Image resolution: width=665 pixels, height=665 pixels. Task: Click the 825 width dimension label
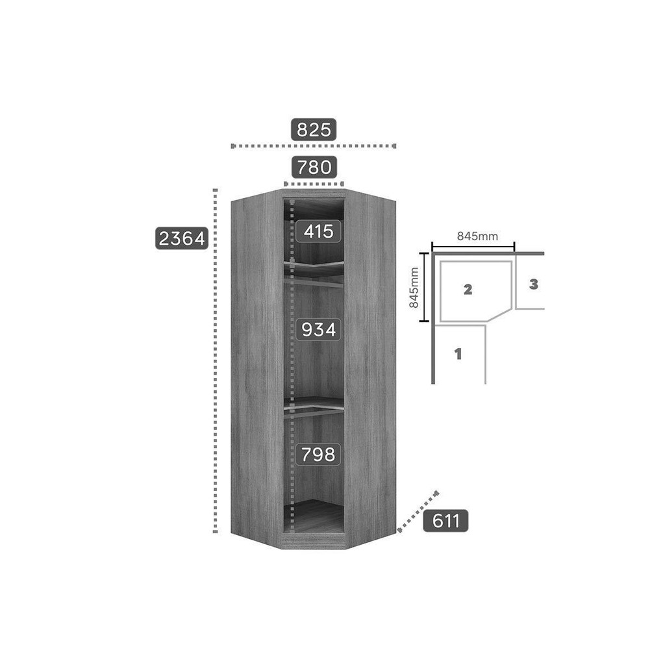(314, 129)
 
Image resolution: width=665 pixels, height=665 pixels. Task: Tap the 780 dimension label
(314, 168)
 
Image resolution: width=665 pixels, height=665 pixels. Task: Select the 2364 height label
(182, 238)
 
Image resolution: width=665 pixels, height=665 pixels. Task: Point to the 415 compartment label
(318, 231)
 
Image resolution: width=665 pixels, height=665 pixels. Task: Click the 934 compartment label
(318, 330)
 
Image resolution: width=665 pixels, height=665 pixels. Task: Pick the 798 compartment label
(318, 455)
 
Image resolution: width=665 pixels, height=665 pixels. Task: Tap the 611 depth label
(445, 521)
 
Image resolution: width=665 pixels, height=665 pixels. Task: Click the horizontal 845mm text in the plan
(478, 236)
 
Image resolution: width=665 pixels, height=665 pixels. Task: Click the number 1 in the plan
(458, 355)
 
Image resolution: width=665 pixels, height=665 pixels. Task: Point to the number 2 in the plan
(468, 290)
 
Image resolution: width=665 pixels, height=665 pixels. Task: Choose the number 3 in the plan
(533, 284)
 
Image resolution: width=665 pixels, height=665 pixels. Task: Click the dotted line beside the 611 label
(418, 512)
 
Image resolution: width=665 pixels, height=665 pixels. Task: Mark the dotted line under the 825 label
(313, 146)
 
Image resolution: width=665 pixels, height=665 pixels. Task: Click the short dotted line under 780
(313, 184)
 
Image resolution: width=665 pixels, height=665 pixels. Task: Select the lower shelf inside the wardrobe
(314, 403)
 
